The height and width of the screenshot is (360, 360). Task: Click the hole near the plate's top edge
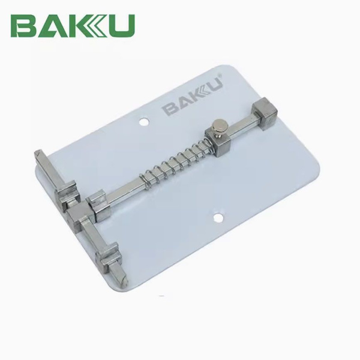coord(143,124)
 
